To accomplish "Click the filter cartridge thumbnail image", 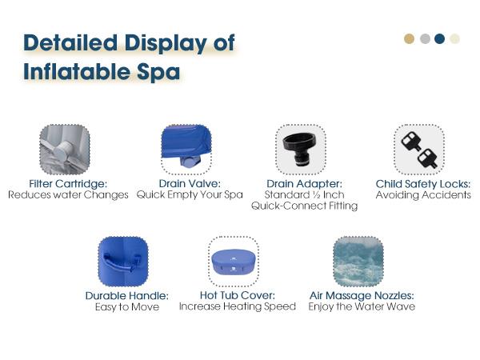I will coord(65,150).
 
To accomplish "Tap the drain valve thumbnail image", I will coord(186,149).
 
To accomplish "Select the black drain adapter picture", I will coord(300,149).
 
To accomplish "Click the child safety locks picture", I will coord(418,149).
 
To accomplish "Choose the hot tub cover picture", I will coord(233,262).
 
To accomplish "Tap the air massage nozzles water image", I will coord(358,262).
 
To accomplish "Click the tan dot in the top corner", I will coord(410,38).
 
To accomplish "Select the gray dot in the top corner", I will coord(425,38).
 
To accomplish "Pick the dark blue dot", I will coord(439,38).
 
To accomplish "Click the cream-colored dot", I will coord(454,38).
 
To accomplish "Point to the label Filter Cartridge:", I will coord(67,184).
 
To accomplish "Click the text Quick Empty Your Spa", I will coord(190,195).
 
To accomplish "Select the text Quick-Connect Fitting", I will coord(304,206).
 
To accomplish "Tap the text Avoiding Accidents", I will coord(423,195).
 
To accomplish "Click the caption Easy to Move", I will coord(126,306).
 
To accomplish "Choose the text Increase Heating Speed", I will coord(238,306).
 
